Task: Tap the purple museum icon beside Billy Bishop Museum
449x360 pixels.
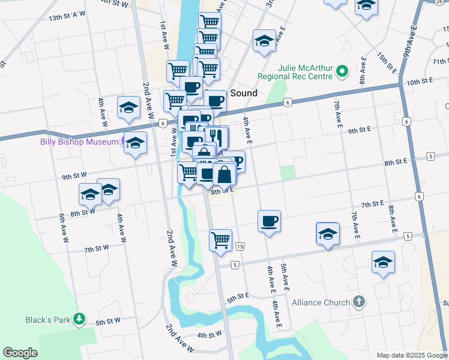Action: point(125,142)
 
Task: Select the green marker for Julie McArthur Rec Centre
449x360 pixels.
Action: point(342,72)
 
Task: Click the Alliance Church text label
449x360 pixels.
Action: point(321,302)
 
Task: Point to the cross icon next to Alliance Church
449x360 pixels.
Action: point(358,301)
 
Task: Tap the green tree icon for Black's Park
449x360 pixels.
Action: point(78,319)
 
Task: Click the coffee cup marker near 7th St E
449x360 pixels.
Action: point(269,221)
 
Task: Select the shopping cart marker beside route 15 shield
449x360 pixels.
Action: point(221,239)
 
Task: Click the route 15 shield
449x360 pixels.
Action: point(240,247)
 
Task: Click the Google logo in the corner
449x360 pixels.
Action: point(20,353)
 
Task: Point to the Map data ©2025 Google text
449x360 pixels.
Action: point(411,355)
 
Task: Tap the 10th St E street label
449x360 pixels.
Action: point(420,81)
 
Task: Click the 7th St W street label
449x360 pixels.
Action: point(96,248)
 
